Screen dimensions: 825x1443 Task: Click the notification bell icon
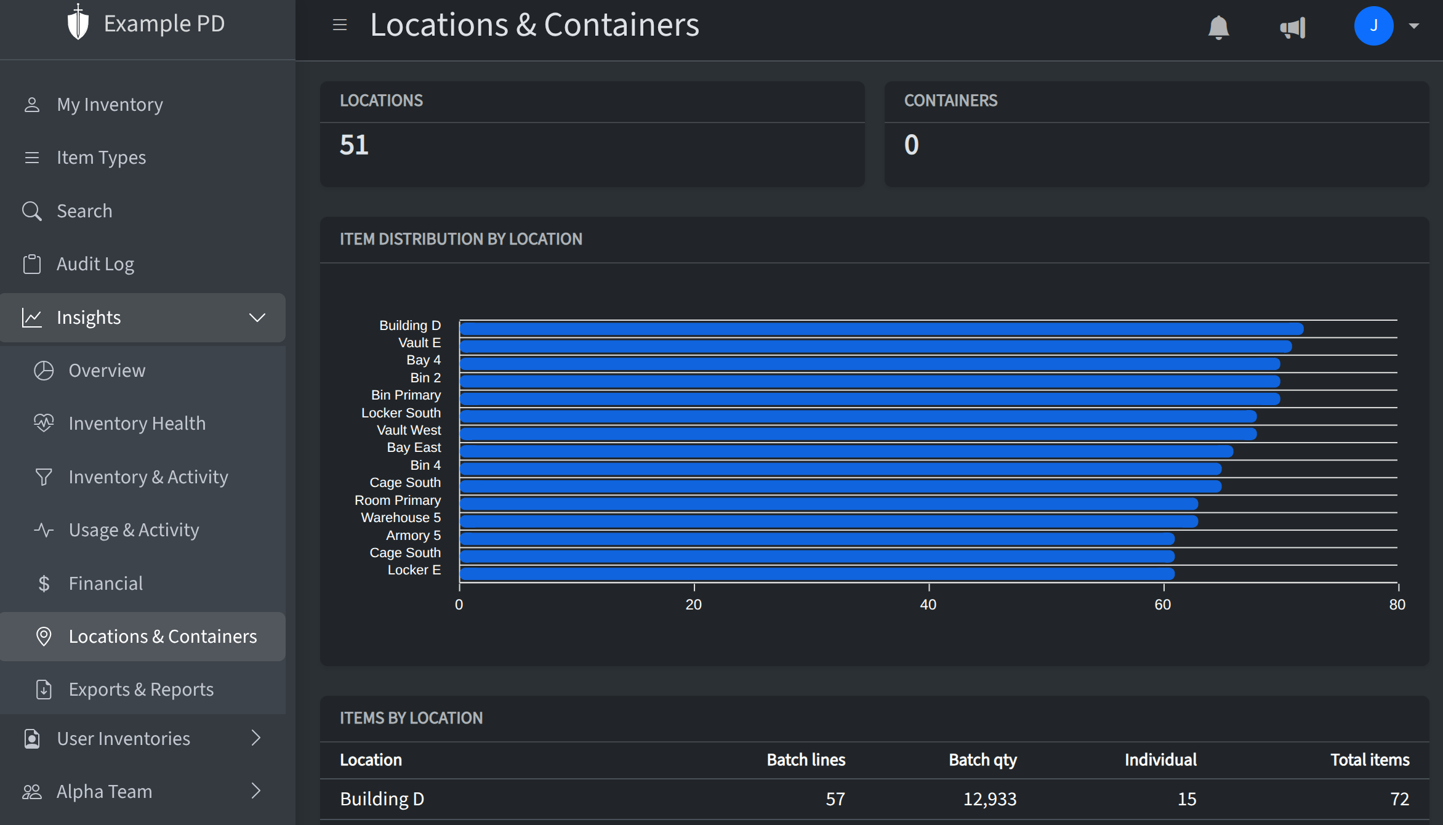[x=1218, y=27]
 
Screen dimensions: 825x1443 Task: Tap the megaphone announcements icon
[x=1293, y=27]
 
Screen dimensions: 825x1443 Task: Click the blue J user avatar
[x=1373, y=26]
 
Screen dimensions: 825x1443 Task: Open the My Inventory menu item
[x=110, y=105]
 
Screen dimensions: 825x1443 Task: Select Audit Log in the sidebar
[x=95, y=264]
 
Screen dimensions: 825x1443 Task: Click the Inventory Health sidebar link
[x=137, y=424]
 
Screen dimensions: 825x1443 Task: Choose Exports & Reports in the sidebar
[x=141, y=690]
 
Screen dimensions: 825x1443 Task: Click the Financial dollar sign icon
[x=44, y=584]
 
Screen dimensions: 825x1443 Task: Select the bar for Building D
[x=880, y=329]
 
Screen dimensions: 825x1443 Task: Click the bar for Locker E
[x=816, y=574]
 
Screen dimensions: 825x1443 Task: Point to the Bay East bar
[x=846, y=451]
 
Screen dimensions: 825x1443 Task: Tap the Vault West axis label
[x=409, y=430]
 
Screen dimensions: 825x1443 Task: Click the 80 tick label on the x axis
[x=1397, y=605]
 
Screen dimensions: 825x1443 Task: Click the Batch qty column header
[x=983, y=760]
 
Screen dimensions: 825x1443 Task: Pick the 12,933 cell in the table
[x=989, y=799]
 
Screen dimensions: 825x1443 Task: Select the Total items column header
[x=1370, y=760]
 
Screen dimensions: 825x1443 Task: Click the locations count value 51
[x=354, y=145]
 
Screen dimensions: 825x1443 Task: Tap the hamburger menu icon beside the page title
[x=340, y=25]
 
